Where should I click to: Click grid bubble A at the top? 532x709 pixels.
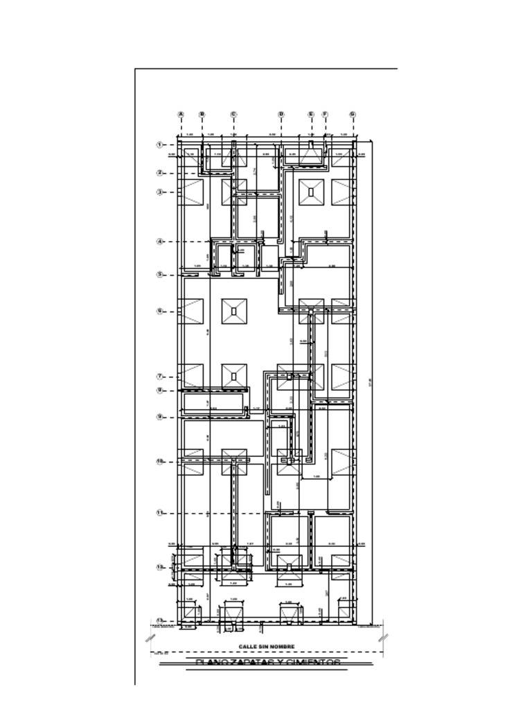pos(181,114)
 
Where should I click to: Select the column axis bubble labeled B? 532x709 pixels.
pos(202,114)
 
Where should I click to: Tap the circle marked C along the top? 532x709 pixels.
pos(233,114)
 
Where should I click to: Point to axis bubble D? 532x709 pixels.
pos(281,114)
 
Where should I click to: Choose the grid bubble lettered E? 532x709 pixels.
pos(311,114)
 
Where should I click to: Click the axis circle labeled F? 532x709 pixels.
pos(325,114)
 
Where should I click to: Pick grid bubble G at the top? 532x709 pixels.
pos(353,114)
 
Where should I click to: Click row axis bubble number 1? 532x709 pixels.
pos(159,145)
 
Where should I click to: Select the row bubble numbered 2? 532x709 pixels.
pos(159,173)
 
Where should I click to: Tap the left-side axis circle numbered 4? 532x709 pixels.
pos(159,242)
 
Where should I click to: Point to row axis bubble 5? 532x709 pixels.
pos(159,274)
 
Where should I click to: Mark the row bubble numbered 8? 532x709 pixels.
pos(159,391)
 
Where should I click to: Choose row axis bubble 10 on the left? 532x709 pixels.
pos(159,461)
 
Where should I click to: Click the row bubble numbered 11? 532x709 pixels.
pos(159,513)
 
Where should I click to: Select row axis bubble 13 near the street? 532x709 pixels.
pos(159,620)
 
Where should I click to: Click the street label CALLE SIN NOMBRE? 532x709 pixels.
pos(267,647)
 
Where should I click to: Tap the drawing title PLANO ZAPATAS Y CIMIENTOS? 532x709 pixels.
pos(269,663)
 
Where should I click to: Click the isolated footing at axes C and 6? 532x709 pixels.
pos(234,312)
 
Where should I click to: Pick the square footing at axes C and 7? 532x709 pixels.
pos(234,377)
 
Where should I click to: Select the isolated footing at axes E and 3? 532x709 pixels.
pos(311,192)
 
